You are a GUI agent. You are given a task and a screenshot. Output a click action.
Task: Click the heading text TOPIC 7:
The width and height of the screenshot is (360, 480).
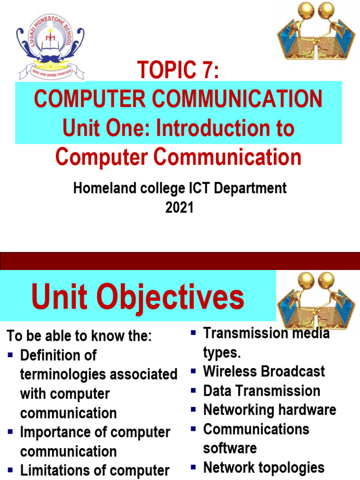178,72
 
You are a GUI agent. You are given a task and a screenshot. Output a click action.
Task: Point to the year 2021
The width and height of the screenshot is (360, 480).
179,208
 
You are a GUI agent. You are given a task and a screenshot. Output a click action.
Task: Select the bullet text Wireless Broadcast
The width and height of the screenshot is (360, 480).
264,371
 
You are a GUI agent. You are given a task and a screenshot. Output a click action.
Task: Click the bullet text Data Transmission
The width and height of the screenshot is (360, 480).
262,390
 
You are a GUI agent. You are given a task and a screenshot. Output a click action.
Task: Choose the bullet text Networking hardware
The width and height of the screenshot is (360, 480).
270,410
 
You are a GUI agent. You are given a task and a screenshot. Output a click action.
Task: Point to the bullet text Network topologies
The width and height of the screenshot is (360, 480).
264,467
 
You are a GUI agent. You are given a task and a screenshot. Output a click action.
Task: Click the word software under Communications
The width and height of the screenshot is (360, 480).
230,448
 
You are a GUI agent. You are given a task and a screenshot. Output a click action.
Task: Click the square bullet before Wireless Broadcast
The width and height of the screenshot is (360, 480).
193,371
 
